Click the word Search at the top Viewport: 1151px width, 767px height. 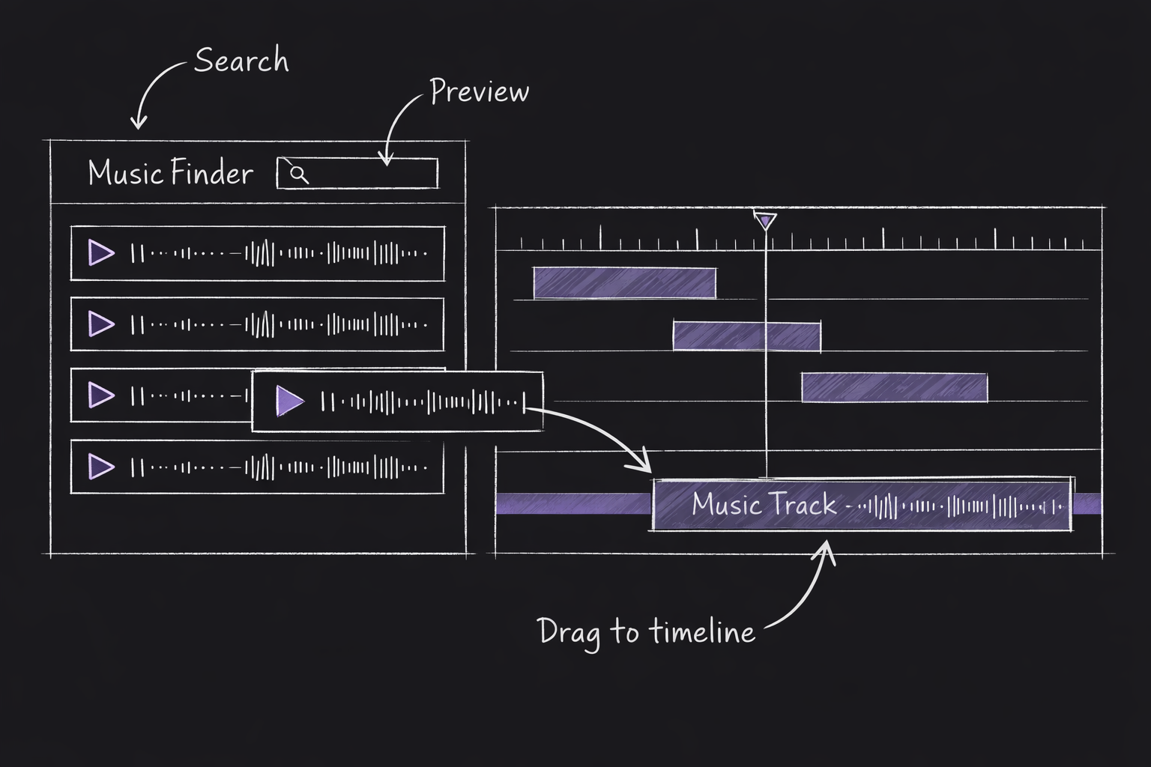click(241, 60)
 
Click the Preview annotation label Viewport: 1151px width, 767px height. click(480, 91)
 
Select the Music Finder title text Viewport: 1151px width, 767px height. click(171, 173)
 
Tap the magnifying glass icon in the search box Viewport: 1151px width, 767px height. click(299, 174)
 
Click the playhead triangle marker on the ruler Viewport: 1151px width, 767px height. click(765, 221)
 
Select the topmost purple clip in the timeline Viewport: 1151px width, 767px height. click(624, 282)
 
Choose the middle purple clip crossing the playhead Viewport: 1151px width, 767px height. click(746, 336)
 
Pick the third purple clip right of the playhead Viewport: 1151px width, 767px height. click(894, 387)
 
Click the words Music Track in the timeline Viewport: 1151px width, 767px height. click(764, 504)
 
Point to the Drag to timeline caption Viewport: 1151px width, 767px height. click(646, 631)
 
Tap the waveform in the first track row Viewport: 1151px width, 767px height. click(279, 253)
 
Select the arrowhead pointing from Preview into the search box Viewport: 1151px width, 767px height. click(386, 159)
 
